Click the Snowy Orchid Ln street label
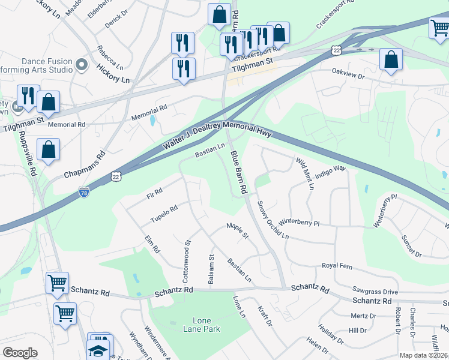[273, 219]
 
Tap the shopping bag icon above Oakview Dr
[391, 59]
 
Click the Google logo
[20, 352]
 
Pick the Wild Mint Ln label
[305, 173]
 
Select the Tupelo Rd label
[164, 213]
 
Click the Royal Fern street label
[337, 265]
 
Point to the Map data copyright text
[424, 355]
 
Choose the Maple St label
[237, 230]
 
